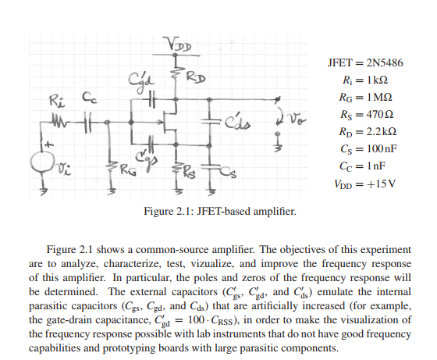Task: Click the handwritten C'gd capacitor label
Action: coord(141,78)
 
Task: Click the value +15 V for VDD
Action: coord(382,184)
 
